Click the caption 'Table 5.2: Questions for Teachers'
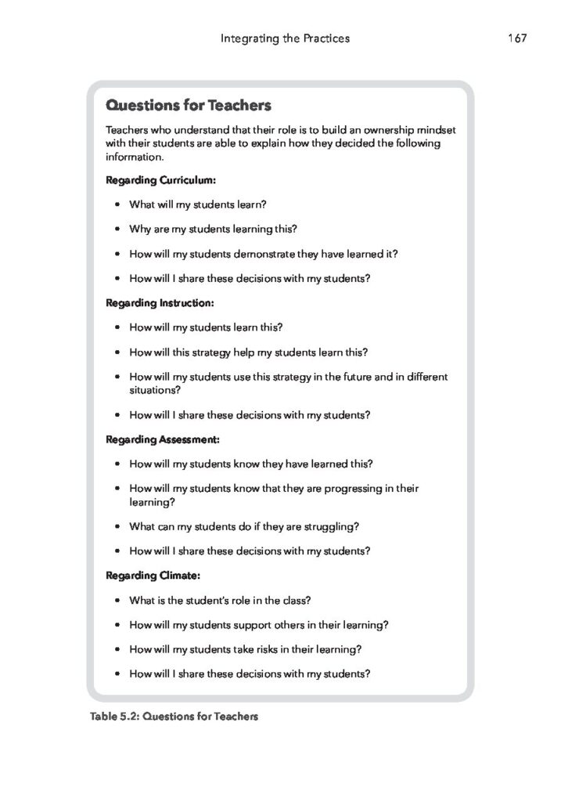[174, 716]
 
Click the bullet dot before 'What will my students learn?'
[117, 205]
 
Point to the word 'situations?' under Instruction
[154, 389]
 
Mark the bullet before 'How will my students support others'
[117, 625]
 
